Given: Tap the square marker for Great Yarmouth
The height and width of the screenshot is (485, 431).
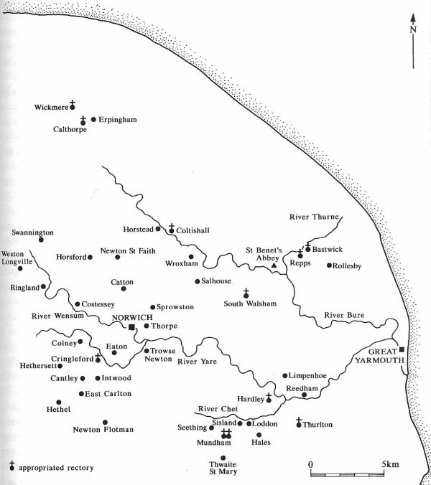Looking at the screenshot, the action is [402, 350].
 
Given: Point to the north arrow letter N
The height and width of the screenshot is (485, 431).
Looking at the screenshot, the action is [413, 29].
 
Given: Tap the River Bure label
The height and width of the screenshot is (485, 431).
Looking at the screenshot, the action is [342, 315].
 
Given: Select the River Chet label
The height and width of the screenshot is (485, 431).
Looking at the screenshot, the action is [218, 410].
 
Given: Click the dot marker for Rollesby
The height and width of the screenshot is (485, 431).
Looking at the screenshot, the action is [329, 266].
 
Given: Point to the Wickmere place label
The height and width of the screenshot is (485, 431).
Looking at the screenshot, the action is [50, 108].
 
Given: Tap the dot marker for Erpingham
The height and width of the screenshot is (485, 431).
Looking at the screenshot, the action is [93, 119].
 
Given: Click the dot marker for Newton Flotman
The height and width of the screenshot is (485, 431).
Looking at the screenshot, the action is [105, 423].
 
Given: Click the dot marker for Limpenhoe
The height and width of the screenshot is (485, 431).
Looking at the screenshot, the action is [284, 375].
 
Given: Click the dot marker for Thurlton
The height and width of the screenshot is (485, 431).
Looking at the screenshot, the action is [299, 425].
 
